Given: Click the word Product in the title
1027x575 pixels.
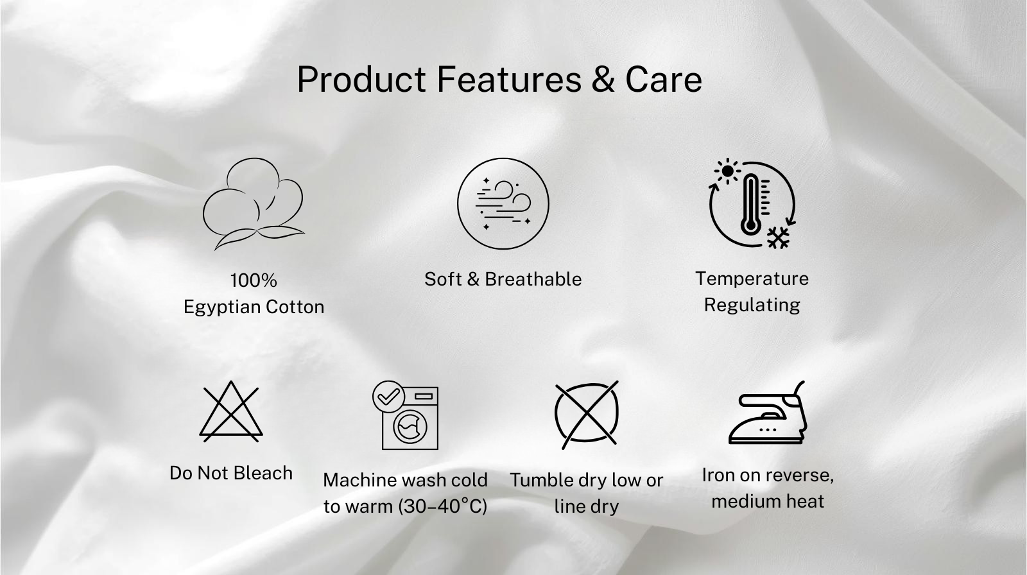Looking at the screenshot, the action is click(x=362, y=79).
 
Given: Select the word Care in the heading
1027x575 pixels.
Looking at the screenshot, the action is click(x=664, y=79).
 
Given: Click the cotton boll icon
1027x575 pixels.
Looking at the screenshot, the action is click(x=254, y=203).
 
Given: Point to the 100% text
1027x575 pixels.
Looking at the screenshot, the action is click(x=254, y=280).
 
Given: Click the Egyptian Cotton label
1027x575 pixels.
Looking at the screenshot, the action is click(x=254, y=307).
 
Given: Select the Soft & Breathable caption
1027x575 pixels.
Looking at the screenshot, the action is click(x=503, y=279).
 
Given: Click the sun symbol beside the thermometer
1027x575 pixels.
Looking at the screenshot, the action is click(x=727, y=171).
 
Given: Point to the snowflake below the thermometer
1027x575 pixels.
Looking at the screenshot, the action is click(x=779, y=237).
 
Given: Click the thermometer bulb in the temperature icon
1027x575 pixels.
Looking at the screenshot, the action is click(x=750, y=226).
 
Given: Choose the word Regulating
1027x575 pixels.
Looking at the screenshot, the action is click(x=752, y=305).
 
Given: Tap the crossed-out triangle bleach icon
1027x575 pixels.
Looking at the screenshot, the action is click(x=230, y=411).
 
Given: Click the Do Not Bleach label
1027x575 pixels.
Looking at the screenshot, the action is click(x=230, y=473).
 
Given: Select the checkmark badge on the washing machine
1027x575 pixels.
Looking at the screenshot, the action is click(x=388, y=397).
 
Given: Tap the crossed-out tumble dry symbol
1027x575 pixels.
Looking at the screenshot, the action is click(x=587, y=415).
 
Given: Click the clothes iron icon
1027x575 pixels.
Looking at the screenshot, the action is click(x=768, y=412).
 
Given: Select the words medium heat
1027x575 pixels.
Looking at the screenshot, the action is click(x=768, y=501).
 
